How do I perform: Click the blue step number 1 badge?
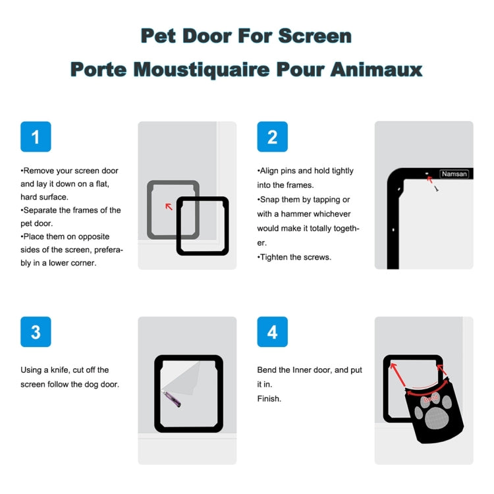pos(36,137)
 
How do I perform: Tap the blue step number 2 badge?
pos(272,137)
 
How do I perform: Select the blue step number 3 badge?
pos(36,332)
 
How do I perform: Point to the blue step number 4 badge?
pos(272,332)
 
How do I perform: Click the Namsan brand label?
pos(454,174)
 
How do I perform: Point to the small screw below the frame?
pos(436,188)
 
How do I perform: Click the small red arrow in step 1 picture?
pos(169,206)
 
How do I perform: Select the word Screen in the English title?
pos(314,36)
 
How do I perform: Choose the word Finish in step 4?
pos(269,398)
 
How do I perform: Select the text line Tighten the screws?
pos(294,258)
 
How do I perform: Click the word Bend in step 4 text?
pos(267,370)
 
